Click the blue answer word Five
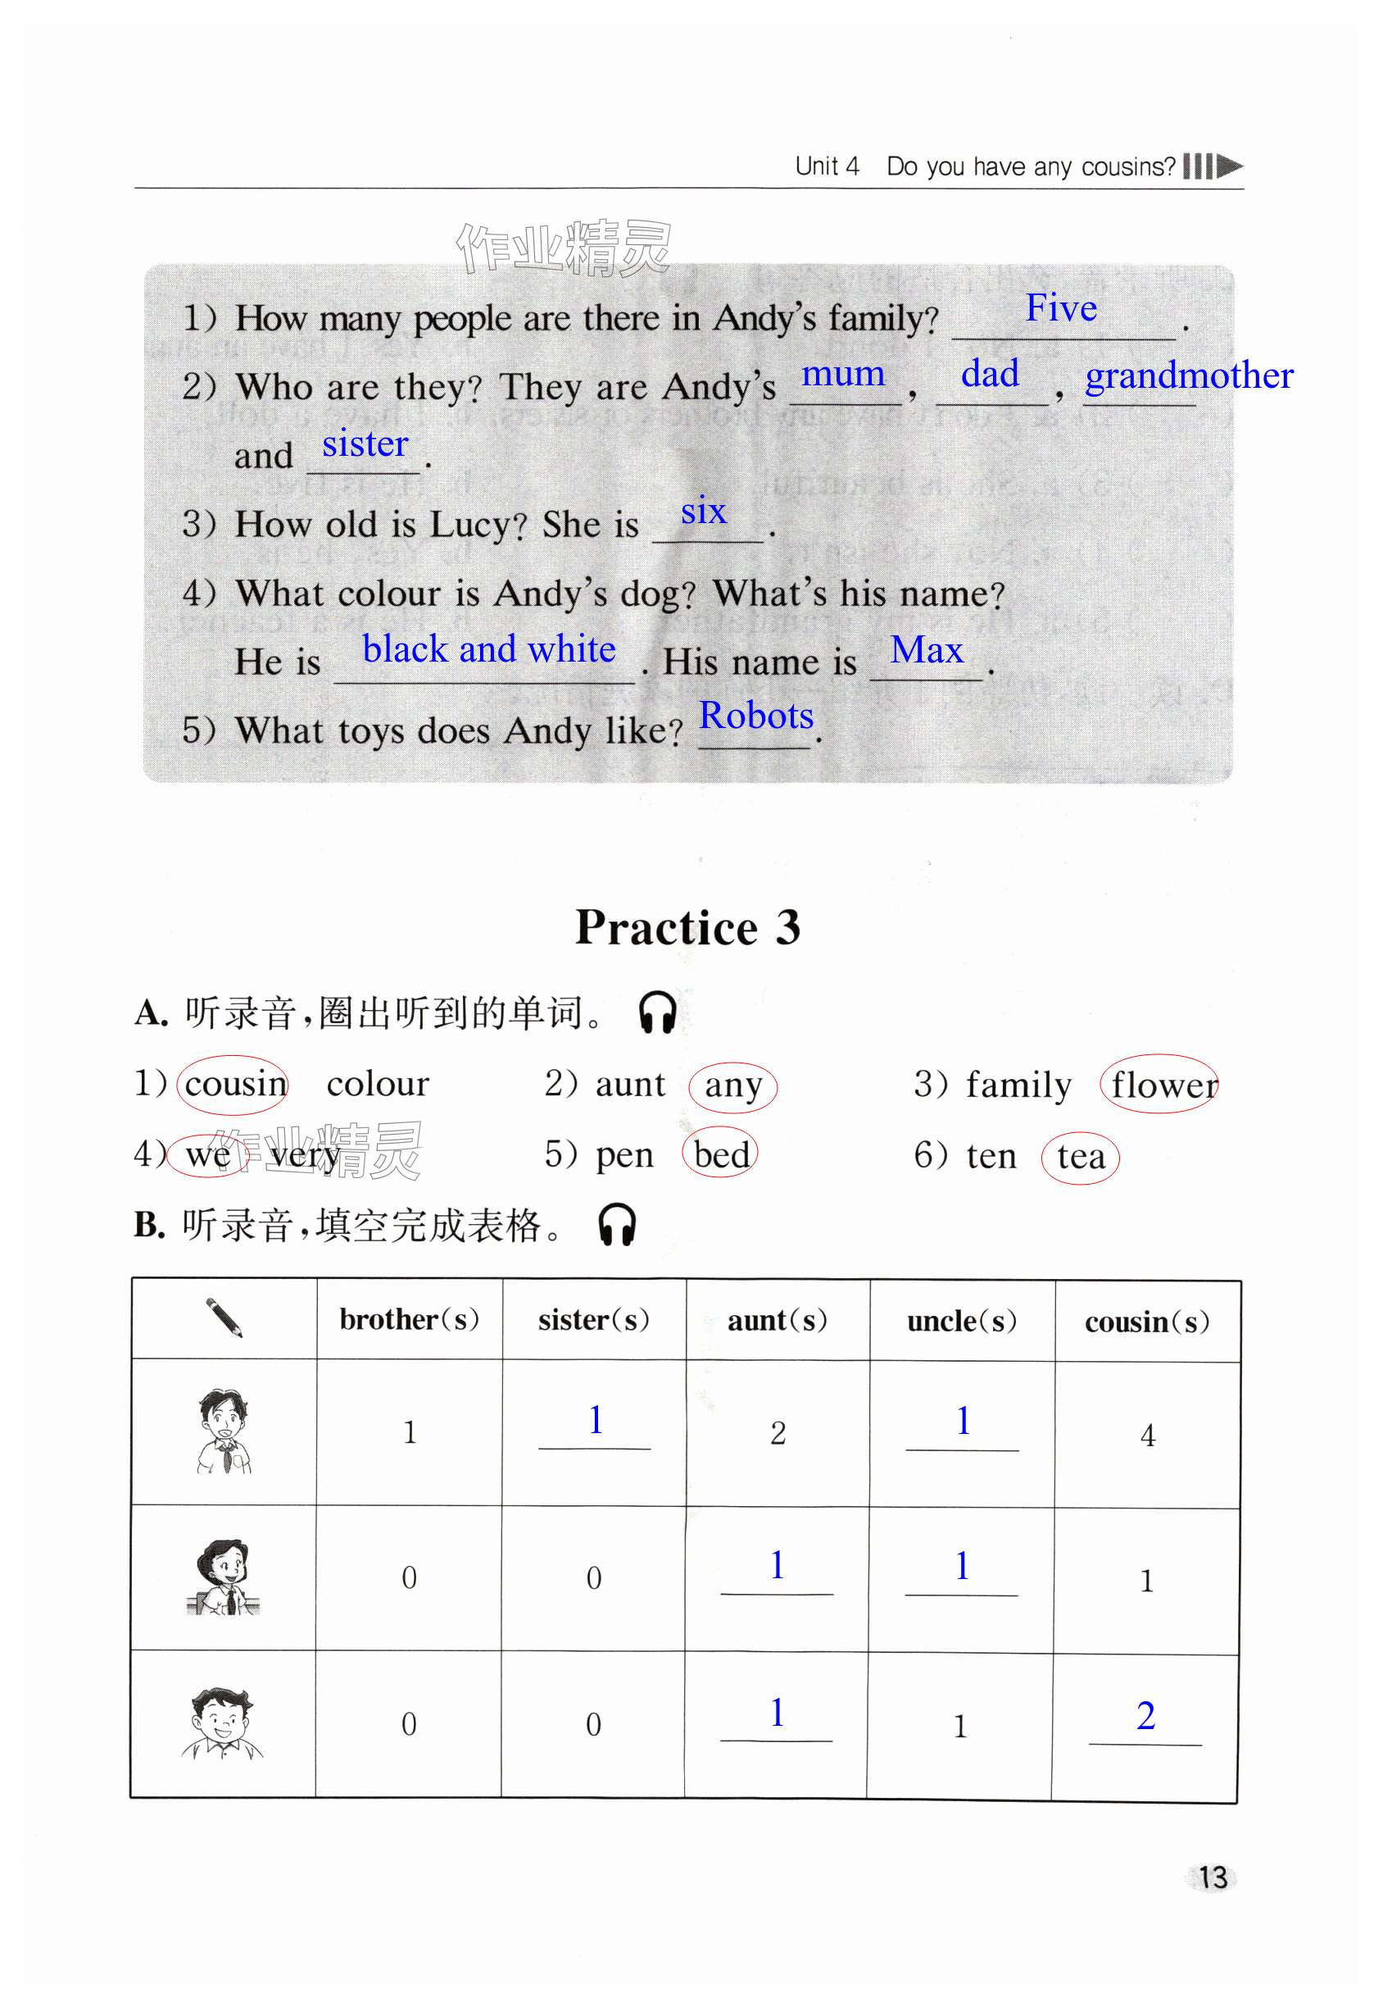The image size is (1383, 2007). click(x=1061, y=308)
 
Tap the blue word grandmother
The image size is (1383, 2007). click(x=1188, y=376)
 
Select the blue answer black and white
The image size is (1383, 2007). click(x=489, y=649)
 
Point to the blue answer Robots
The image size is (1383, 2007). click(x=755, y=716)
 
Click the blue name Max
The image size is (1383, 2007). click(x=927, y=650)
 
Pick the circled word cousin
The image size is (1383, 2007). click(x=234, y=1084)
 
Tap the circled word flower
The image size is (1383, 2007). click(x=1162, y=1085)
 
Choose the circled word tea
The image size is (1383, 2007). click(x=1081, y=1157)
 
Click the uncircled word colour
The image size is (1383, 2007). click(x=378, y=1084)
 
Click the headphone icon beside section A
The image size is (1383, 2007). click(x=657, y=1012)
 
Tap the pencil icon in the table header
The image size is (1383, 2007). click(x=224, y=1318)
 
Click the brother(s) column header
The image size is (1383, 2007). click(x=409, y=1319)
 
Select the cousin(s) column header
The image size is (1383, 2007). click(x=1146, y=1322)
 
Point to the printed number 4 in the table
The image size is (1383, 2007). click(x=1147, y=1436)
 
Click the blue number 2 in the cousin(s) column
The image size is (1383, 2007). click(x=1145, y=1716)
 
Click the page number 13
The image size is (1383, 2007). click(x=1213, y=1877)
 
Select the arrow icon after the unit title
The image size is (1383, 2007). click(x=1228, y=166)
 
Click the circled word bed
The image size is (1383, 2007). click(x=721, y=1156)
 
